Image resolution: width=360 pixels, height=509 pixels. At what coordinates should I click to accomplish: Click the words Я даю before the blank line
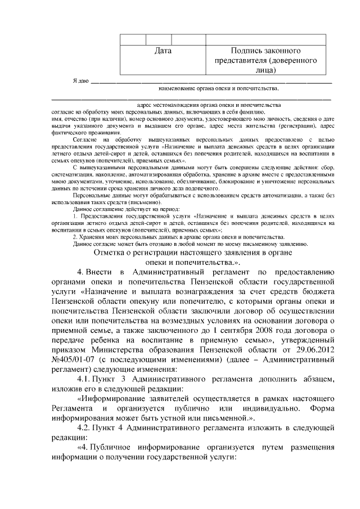coord(81,81)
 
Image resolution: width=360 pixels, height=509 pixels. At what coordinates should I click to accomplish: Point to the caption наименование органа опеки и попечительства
coord(219,88)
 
